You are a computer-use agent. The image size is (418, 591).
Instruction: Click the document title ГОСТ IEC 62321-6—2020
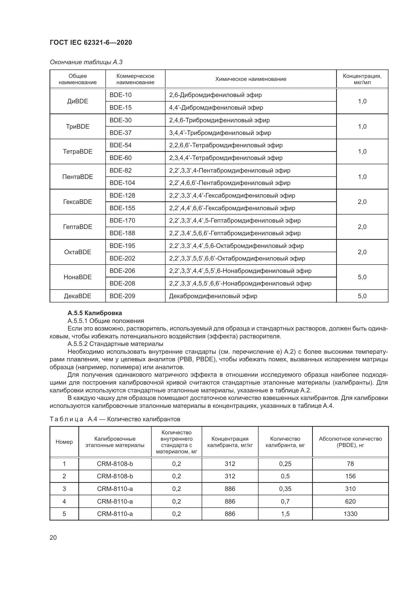pos(91,42)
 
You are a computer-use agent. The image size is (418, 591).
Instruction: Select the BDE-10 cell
pos(121,95)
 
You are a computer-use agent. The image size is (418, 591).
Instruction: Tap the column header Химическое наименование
pos(250,79)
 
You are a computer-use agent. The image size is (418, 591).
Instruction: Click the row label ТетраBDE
pos(78,151)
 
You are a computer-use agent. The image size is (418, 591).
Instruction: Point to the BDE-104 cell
pos(122,183)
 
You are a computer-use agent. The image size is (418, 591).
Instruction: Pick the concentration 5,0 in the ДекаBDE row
pos(362,296)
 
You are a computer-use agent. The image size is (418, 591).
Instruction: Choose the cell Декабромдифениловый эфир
pos(213,296)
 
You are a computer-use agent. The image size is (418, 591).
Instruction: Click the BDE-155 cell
pos(122,208)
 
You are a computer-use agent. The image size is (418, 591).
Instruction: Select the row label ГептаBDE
pos(78,227)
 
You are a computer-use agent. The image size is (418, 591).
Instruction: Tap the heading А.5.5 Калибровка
pos(95,313)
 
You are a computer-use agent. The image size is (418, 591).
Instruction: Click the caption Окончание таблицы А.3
pos(86,62)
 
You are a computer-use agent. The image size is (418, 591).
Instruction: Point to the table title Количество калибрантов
pos(143,419)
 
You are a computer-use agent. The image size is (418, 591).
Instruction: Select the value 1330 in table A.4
pos(350,514)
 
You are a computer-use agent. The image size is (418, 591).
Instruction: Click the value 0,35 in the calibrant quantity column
pos(285,489)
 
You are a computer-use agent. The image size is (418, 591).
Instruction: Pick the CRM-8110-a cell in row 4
pos(115,501)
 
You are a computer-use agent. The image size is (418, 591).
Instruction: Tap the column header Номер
pos(64,442)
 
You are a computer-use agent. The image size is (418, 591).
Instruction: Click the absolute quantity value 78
pos(350,464)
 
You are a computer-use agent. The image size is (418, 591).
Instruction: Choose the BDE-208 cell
pos(122,283)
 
